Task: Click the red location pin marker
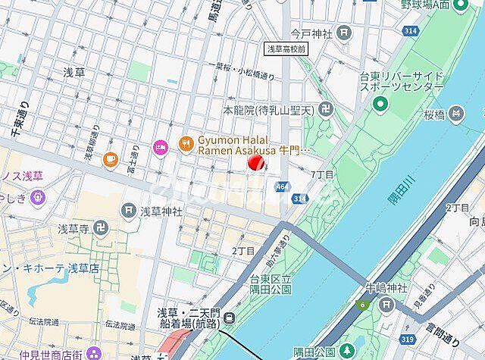(x=257, y=161)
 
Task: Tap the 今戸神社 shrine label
(x=311, y=33)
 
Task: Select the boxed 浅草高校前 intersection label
(x=286, y=49)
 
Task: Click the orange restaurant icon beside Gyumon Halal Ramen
(x=185, y=143)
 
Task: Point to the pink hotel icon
(x=160, y=146)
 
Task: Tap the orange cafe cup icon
(x=111, y=158)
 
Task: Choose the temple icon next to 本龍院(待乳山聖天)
(x=325, y=110)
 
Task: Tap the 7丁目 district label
(x=322, y=175)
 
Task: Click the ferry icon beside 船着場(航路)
(x=230, y=317)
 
